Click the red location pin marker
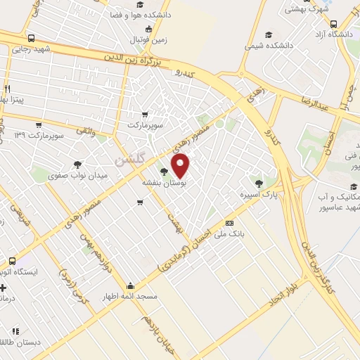181,165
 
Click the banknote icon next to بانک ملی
229,223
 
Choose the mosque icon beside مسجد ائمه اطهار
131,286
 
